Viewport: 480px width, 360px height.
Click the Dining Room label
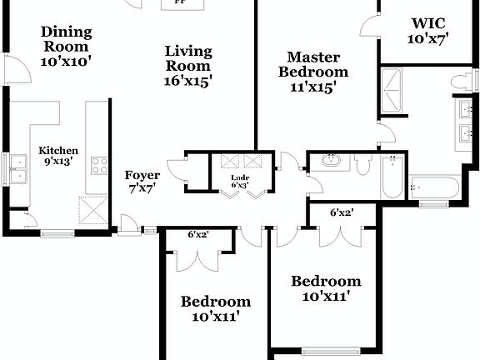66,39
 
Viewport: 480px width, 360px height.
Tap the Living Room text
187,58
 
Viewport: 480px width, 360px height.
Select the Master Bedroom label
312,64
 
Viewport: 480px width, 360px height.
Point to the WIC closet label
427,22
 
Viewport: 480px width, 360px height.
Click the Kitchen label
58,151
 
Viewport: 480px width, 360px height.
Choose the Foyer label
142,175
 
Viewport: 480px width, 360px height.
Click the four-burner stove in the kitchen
99,165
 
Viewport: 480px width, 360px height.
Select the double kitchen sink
17,169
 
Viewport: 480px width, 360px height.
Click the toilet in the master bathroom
457,81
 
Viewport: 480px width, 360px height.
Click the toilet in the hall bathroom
362,164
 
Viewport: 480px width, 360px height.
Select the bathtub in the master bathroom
433,187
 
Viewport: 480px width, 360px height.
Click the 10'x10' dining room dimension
66,60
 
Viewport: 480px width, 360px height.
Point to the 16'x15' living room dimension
187,81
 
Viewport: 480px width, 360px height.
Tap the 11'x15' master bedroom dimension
312,86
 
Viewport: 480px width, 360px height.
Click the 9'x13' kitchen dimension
58,162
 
